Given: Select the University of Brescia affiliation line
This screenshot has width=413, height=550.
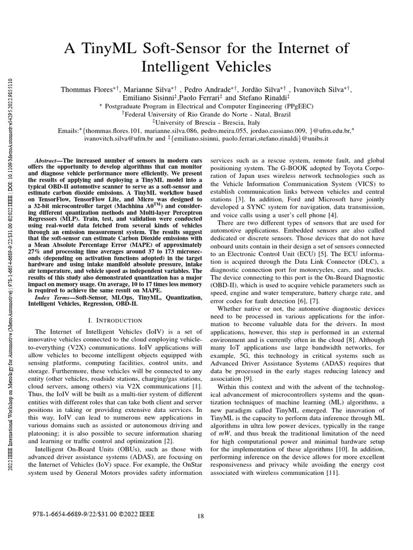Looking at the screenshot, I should tap(206, 122).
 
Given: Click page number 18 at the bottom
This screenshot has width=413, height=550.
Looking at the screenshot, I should tap(201, 516).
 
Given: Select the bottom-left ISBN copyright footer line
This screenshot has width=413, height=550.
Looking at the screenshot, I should tap(94, 513).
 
